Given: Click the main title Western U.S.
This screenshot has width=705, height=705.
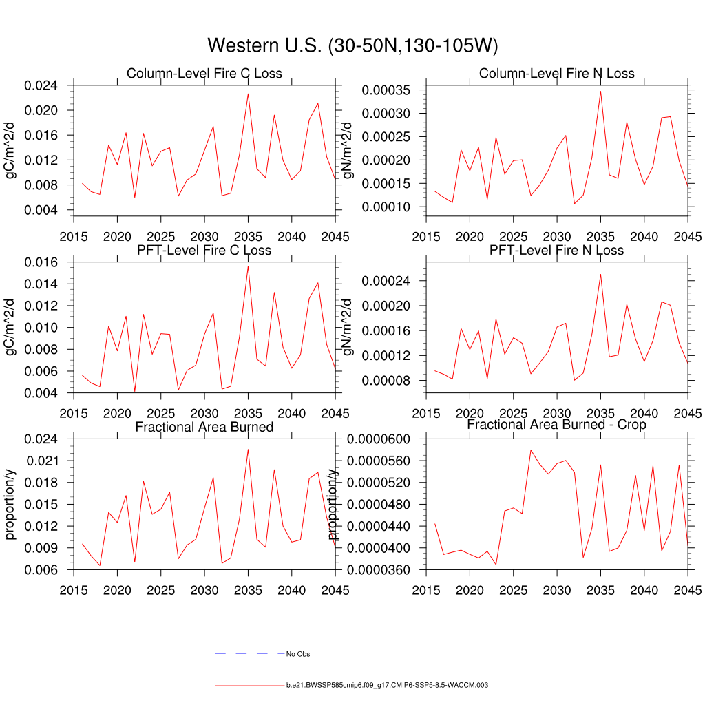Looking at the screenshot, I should [352, 45].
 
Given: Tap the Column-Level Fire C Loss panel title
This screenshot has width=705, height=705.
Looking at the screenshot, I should [204, 74].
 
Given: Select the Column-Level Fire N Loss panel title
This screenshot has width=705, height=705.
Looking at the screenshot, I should [556, 74].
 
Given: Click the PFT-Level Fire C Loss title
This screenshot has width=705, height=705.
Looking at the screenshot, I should [204, 250].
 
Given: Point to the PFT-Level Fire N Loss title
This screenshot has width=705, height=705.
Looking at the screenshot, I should [556, 250].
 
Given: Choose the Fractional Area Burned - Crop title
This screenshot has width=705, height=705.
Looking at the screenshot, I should [556, 425].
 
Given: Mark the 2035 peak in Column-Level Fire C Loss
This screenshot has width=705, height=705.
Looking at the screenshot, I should [248, 94].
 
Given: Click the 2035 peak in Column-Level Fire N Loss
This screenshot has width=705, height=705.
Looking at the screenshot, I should [600, 91].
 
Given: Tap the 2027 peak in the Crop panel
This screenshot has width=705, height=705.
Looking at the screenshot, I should [531, 450].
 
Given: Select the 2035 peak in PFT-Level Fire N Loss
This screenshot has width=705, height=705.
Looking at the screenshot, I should [600, 274].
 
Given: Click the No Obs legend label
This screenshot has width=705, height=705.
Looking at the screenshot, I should [298, 654].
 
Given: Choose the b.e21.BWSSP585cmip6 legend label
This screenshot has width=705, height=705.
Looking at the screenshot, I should [387, 686].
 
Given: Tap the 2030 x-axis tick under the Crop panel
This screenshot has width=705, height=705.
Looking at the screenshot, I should [557, 591].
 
